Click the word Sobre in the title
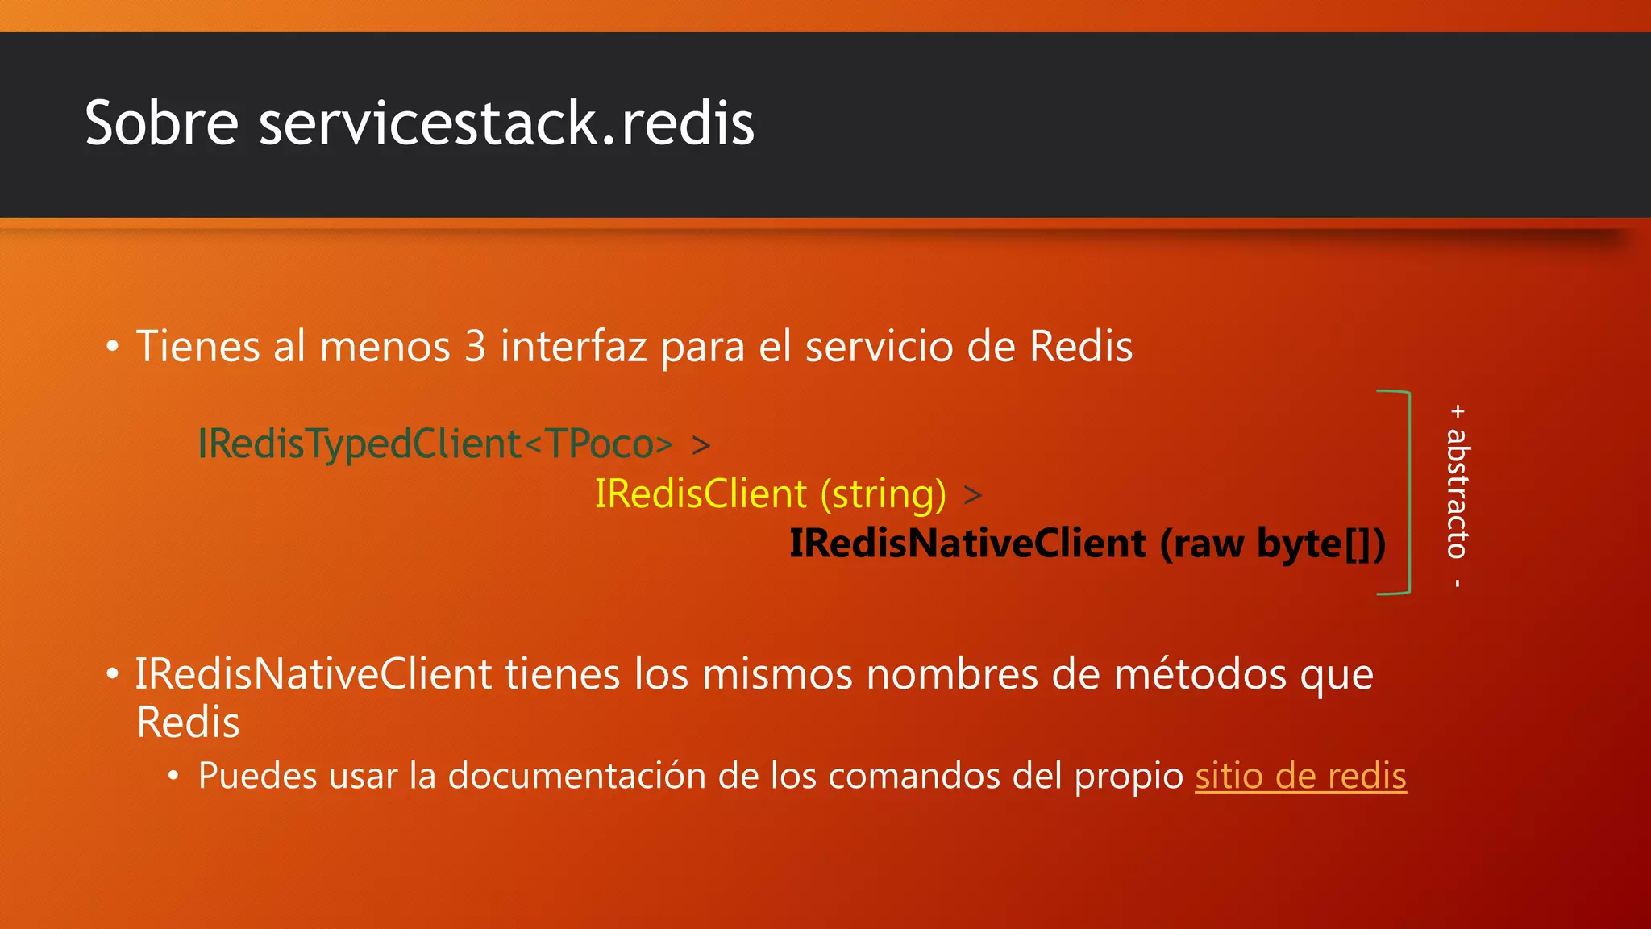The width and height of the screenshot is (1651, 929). (161, 123)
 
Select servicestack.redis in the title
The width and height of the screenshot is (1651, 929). (506, 123)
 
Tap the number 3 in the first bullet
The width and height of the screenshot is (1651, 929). (475, 347)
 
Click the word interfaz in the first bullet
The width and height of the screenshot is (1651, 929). (573, 347)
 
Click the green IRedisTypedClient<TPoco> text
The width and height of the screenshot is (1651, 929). (435, 444)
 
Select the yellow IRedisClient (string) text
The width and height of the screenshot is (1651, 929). (770, 494)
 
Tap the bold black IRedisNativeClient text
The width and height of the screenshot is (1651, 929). (967, 543)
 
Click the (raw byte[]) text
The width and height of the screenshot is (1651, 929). (1273, 544)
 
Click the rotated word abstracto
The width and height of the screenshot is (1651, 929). (1458, 493)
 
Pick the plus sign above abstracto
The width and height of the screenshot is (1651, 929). (1458, 411)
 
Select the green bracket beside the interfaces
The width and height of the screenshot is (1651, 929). (1407, 492)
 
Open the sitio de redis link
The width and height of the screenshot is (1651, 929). (1300, 776)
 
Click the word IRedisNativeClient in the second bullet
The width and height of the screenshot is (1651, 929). (313, 674)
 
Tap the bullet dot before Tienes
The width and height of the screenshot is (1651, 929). (113, 347)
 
